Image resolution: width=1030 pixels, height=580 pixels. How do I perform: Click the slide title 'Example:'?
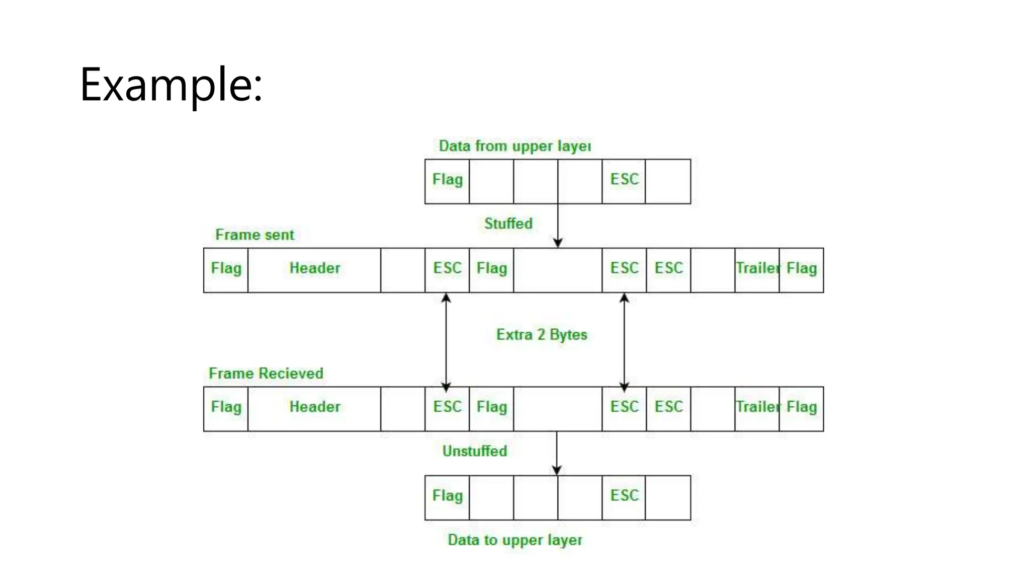(x=171, y=85)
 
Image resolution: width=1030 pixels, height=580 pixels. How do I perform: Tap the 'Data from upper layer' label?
(x=514, y=146)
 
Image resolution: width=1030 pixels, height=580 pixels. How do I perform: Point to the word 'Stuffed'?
(x=508, y=224)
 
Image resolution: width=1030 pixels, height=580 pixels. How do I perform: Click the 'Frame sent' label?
(x=254, y=235)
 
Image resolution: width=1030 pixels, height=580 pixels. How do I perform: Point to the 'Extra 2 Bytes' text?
(x=542, y=335)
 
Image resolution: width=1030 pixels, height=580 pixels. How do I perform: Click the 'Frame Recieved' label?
(x=266, y=374)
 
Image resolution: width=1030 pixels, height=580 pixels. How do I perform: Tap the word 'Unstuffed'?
(x=474, y=451)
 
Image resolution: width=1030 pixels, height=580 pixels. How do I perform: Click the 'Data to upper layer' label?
(x=514, y=540)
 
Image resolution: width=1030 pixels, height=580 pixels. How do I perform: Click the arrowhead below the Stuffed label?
(x=558, y=243)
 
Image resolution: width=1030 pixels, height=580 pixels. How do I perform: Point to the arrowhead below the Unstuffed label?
(x=557, y=470)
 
